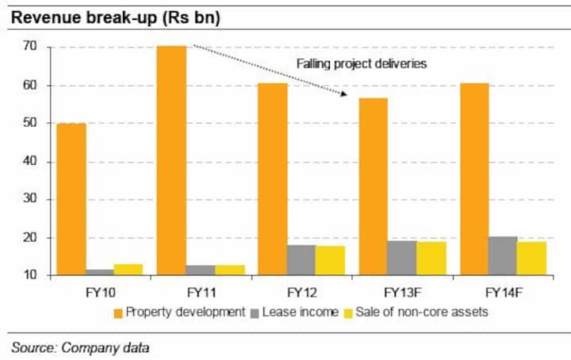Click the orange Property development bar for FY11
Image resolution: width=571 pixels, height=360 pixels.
(x=172, y=161)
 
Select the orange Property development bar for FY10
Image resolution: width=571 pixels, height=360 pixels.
(x=71, y=199)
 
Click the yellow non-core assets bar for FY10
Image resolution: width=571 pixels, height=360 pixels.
(x=128, y=270)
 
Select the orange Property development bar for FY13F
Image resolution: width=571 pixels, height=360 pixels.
(x=373, y=186)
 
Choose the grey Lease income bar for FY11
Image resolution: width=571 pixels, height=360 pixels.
(x=201, y=270)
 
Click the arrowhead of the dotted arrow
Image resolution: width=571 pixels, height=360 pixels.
(x=346, y=94)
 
